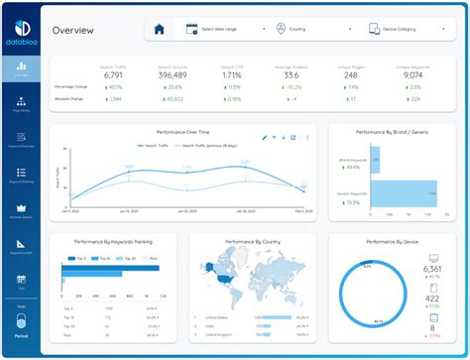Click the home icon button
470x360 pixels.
coord(159,29)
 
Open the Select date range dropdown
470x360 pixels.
coord(224,29)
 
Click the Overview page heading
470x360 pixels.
coord(74,30)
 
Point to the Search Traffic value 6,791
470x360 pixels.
coord(114,74)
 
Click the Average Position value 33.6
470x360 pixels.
coord(291,74)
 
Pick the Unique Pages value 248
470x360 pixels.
coord(351,74)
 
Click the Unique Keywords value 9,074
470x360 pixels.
coord(411,74)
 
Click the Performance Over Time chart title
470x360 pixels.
coord(184,131)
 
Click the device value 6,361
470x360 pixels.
coord(432,269)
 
